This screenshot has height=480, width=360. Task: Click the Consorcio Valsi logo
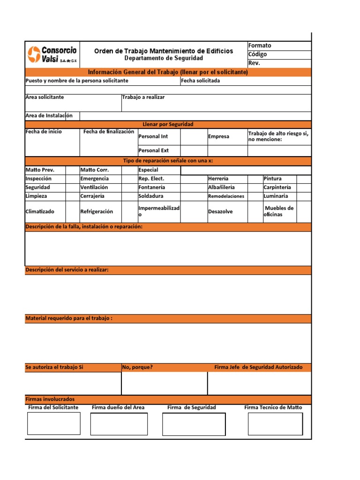pyautogui.click(x=52, y=54)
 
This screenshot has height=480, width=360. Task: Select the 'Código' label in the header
pyautogui.click(x=258, y=54)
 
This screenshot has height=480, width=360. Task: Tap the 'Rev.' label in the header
pyautogui.click(x=254, y=63)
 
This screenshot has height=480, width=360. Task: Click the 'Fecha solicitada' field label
pyautogui.click(x=200, y=81)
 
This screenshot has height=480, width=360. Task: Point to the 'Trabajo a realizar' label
pyautogui.click(x=143, y=97)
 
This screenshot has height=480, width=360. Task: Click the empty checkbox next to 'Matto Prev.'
pyautogui.click(x=72, y=170)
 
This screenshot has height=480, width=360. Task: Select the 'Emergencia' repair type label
pyautogui.click(x=94, y=179)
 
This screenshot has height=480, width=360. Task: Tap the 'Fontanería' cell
pyautogui.click(x=151, y=187)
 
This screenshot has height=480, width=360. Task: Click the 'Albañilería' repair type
pyautogui.click(x=222, y=187)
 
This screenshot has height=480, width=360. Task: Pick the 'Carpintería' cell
pyautogui.click(x=277, y=187)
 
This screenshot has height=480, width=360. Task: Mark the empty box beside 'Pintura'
pyautogui.click(x=304, y=179)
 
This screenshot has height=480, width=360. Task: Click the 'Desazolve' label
pyautogui.click(x=220, y=211)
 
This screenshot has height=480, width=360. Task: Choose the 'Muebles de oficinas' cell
pyautogui.click(x=279, y=211)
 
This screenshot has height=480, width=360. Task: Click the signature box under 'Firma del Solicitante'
pyautogui.click(x=53, y=423)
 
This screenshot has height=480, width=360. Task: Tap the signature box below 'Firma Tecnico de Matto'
pyautogui.click(x=275, y=424)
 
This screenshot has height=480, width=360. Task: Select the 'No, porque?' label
pyautogui.click(x=137, y=367)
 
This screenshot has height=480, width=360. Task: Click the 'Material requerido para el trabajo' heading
pyautogui.click(x=69, y=319)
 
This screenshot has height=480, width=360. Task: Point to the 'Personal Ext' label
pyautogui.click(x=153, y=151)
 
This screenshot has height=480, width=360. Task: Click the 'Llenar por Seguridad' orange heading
pyautogui.click(x=168, y=124)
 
